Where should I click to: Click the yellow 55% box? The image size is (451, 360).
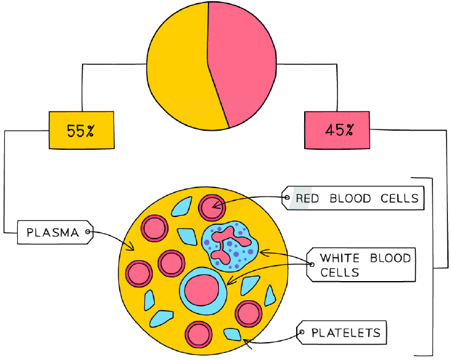[81, 130]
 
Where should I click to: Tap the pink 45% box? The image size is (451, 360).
[337, 130]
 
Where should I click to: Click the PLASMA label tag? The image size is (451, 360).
[56, 232]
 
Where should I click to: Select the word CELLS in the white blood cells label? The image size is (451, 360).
[340, 272]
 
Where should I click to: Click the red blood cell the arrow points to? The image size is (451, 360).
[212, 208]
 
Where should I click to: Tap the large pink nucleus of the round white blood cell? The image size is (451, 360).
[202, 290]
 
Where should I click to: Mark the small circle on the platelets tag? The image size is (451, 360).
[302, 332]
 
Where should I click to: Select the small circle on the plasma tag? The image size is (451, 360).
[88, 232]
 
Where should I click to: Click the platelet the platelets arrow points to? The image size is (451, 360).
[233, 335]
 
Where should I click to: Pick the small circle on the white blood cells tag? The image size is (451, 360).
[312, 264]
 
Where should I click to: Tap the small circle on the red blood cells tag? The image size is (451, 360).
[287, 197]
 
